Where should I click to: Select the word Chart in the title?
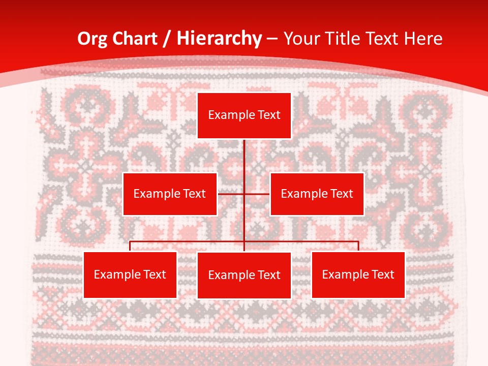pos(132,39)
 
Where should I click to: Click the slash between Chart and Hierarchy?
pos(167,39)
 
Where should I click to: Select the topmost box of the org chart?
pos(244,115)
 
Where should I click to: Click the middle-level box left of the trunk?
pos(170,194)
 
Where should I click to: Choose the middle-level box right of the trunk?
pos(317,194)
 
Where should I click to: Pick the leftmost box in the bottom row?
pos(130,274)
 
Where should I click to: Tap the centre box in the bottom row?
pos(244,275)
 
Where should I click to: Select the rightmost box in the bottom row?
pos(358,274)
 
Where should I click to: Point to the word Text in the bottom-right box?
pos(382,274)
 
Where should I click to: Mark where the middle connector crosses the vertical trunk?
pos(244,194)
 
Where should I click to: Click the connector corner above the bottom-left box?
pos(130,242)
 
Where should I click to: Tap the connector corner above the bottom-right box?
pos(358,242)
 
